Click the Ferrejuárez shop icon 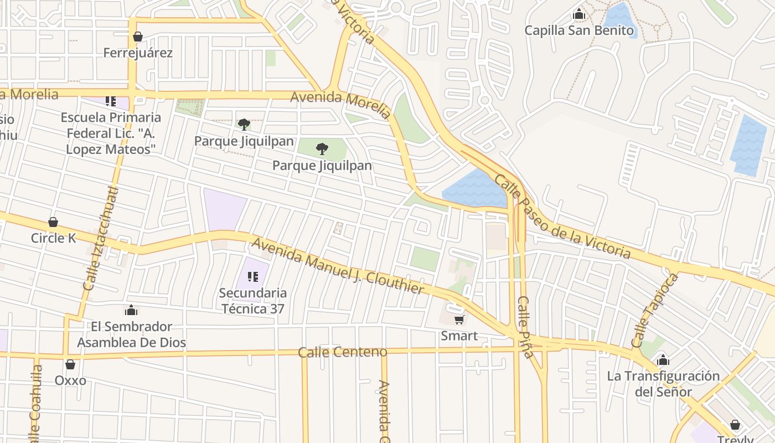tap(137, 37)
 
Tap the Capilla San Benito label tap(579, 30)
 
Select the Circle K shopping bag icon tap(53, 223)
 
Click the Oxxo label tap(70, 380)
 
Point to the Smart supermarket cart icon tap(459, 320)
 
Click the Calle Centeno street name tap(343, 352)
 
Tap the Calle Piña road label tap(525, 327)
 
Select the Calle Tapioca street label tap(655, 310)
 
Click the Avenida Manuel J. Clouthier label tap(338, 266)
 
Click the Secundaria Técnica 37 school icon tap(253, 276)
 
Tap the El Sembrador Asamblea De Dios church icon tap(131, 310)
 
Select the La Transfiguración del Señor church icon tap(663, 360)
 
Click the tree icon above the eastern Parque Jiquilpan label tap(322, 148)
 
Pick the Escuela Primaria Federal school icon tap(111, 101)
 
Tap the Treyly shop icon tap(735, 425)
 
